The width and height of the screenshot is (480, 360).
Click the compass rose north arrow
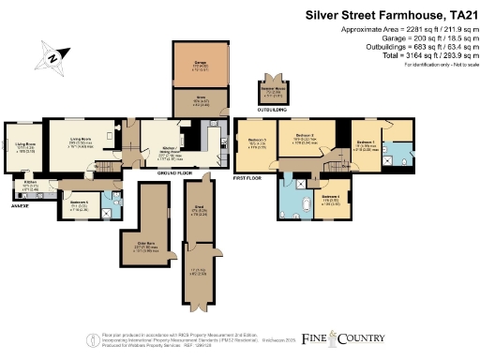[x=54, y=58]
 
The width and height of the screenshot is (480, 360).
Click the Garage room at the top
[x=201, y=67]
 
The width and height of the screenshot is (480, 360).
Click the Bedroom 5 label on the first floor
[x=255, y=142]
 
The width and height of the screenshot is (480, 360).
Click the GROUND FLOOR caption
[x=174, y=174]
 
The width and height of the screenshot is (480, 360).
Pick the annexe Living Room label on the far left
[x=23, y=148]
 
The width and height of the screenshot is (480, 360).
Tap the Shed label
[x=200, y=211]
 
